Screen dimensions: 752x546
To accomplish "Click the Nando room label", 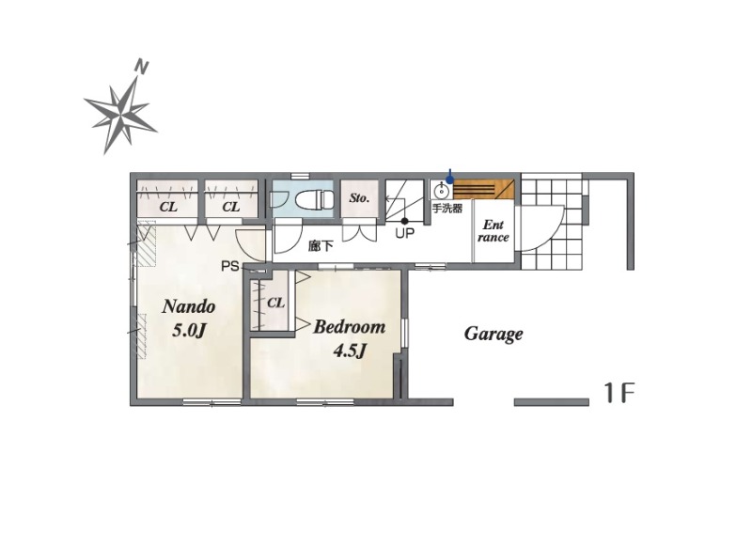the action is [x=189, y=306].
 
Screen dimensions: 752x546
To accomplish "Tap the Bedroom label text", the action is [x=349, y=327].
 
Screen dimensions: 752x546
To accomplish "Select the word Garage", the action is [x=493, y=335].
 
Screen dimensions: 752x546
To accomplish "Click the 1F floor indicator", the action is [x=619, y=394].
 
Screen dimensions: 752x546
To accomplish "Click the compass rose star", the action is [x=120, y=114].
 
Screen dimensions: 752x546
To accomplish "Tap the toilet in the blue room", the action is [x=314, y=199].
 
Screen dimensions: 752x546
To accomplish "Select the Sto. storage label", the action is [x=359, y=197].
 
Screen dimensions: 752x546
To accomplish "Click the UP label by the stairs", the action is [x=404, y=233].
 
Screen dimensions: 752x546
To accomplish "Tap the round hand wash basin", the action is [x=441, y=191].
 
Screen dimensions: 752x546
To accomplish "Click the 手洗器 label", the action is [x=447, y=208].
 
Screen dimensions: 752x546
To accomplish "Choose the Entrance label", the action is [x=493, y=231].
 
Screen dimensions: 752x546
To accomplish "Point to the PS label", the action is [x=230, y=266].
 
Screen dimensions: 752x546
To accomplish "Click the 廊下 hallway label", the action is [x=321, y=246].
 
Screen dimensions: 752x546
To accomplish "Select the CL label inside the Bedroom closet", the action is [x=275, y=303].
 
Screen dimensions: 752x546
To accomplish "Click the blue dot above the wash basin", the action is [x=449, y=179].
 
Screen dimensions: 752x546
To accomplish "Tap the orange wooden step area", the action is [x=483, y=188].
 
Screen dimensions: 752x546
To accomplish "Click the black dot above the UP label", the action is [x=404, y=221].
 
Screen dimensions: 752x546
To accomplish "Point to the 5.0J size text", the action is [x=189, y=330].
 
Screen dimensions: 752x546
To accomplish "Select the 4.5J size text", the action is [x=350, y=351].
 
